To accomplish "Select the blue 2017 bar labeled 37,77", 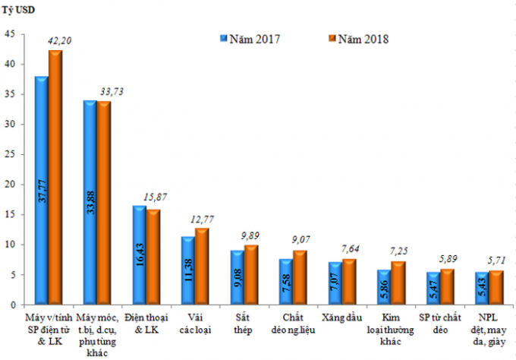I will point(41,190).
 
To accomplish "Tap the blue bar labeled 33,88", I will point(90,202).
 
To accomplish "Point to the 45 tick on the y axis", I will point(10,34).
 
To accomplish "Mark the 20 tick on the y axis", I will point(10,185).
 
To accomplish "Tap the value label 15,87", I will point(156,197).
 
